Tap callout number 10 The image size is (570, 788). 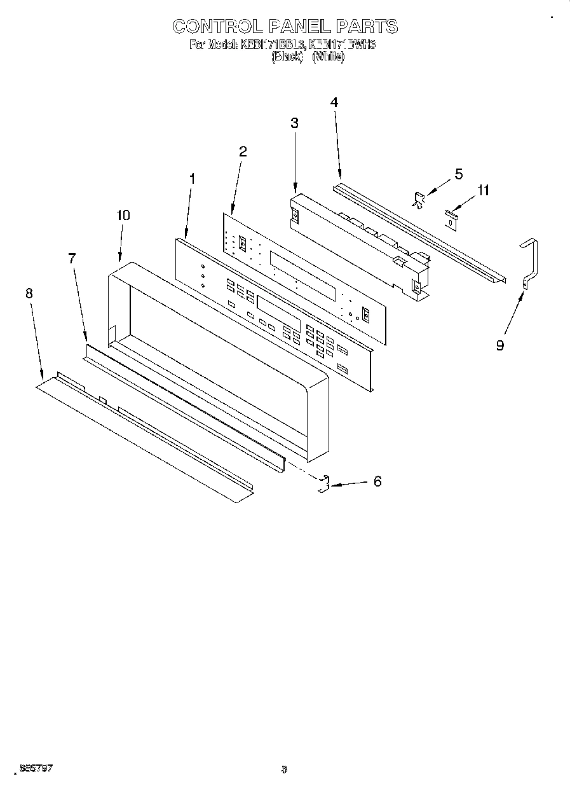pos(123,216)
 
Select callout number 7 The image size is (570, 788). pos(72,258)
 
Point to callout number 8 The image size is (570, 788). pos(29,293)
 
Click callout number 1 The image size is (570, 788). pos(192,179)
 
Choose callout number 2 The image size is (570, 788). pos(243,151)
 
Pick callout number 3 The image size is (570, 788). pos(294,123)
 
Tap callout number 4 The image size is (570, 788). pos(334,102)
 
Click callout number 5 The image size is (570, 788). pos(459,174)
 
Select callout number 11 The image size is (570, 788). pos(484,190)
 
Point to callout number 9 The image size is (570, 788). pos(500,346)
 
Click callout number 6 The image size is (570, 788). pos(377,481)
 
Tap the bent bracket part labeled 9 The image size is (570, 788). pos(529,261)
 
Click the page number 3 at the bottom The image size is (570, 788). pos(284,770)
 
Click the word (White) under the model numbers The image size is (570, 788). pos(329,57)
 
